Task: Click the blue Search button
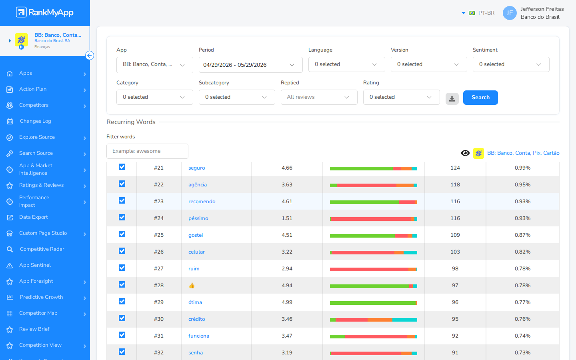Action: [x=480, y=98]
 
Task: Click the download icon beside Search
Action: [x=452, y=98]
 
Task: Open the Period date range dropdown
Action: [x=250, y=65]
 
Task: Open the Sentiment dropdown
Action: [x=511, y=64]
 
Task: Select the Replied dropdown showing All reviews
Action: [x=319, y=97]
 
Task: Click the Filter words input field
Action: [x=147, y=151]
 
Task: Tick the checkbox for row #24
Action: [x=122, y=217]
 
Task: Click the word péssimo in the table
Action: [x=198, y=218]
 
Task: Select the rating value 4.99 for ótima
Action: [x=287, y=302]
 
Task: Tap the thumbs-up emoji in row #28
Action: [x=192, y=286]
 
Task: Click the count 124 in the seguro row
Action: [x=455, y=168]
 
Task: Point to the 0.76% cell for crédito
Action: [x=522, y=319]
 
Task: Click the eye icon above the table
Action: [x=465, y=153]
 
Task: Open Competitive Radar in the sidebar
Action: [x=42, y=249]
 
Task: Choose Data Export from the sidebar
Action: [x=34, y=217]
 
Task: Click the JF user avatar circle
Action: [x=510, y=13]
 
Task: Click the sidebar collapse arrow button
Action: [x=89, y=55]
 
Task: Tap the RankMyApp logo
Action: [x=45, y=12]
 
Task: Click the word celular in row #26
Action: [x=196, y=252]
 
